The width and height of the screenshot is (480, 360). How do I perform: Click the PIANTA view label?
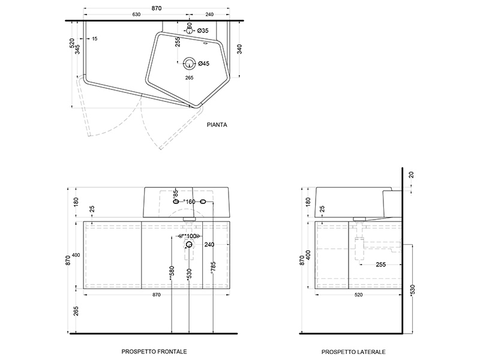tap(216, 125)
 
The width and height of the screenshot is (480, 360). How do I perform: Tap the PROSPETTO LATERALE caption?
tap(353, 352)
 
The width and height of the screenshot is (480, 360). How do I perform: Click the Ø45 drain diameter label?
tap(203, 64)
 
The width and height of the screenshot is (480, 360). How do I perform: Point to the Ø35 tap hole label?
tap(202, 31)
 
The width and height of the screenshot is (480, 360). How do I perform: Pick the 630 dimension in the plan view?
tap(136, 14)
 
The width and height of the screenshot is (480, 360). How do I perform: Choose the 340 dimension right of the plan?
tap(240, 49)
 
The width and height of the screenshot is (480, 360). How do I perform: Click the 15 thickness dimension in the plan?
tap(95, 38)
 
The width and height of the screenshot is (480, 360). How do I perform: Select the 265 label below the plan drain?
tap(189, 77)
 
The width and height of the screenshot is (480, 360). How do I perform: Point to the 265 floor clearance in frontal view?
tap(76, 311)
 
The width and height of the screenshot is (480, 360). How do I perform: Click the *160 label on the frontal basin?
tap(190, 201)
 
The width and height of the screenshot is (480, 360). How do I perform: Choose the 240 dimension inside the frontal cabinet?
tap(209, 244)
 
